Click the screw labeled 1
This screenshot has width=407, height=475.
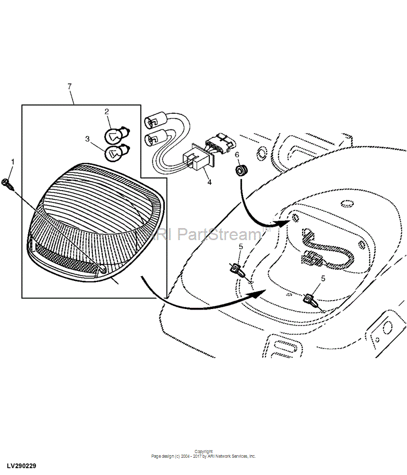(6, 183)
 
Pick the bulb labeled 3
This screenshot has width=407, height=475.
(114, 153)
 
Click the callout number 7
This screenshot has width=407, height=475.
(69, 86)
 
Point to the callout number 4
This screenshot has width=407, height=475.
(209, 183)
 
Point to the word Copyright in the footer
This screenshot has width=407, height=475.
(203, 452)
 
